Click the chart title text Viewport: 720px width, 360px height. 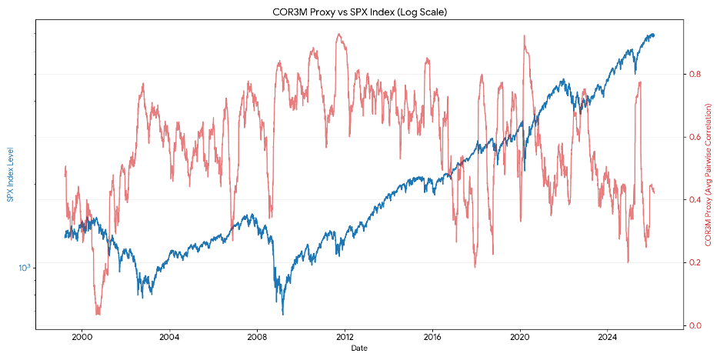360,12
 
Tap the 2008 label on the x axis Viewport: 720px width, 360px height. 257,336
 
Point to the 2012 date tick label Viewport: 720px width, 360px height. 345,336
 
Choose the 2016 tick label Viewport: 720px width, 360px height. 432,336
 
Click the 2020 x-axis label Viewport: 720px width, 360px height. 520,336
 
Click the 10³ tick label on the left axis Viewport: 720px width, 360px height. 25,267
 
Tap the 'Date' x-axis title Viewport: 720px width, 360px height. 360,348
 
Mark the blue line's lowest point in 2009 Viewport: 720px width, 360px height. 282,314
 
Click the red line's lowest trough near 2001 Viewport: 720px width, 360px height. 98,314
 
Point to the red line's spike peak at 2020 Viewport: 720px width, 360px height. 525,35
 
